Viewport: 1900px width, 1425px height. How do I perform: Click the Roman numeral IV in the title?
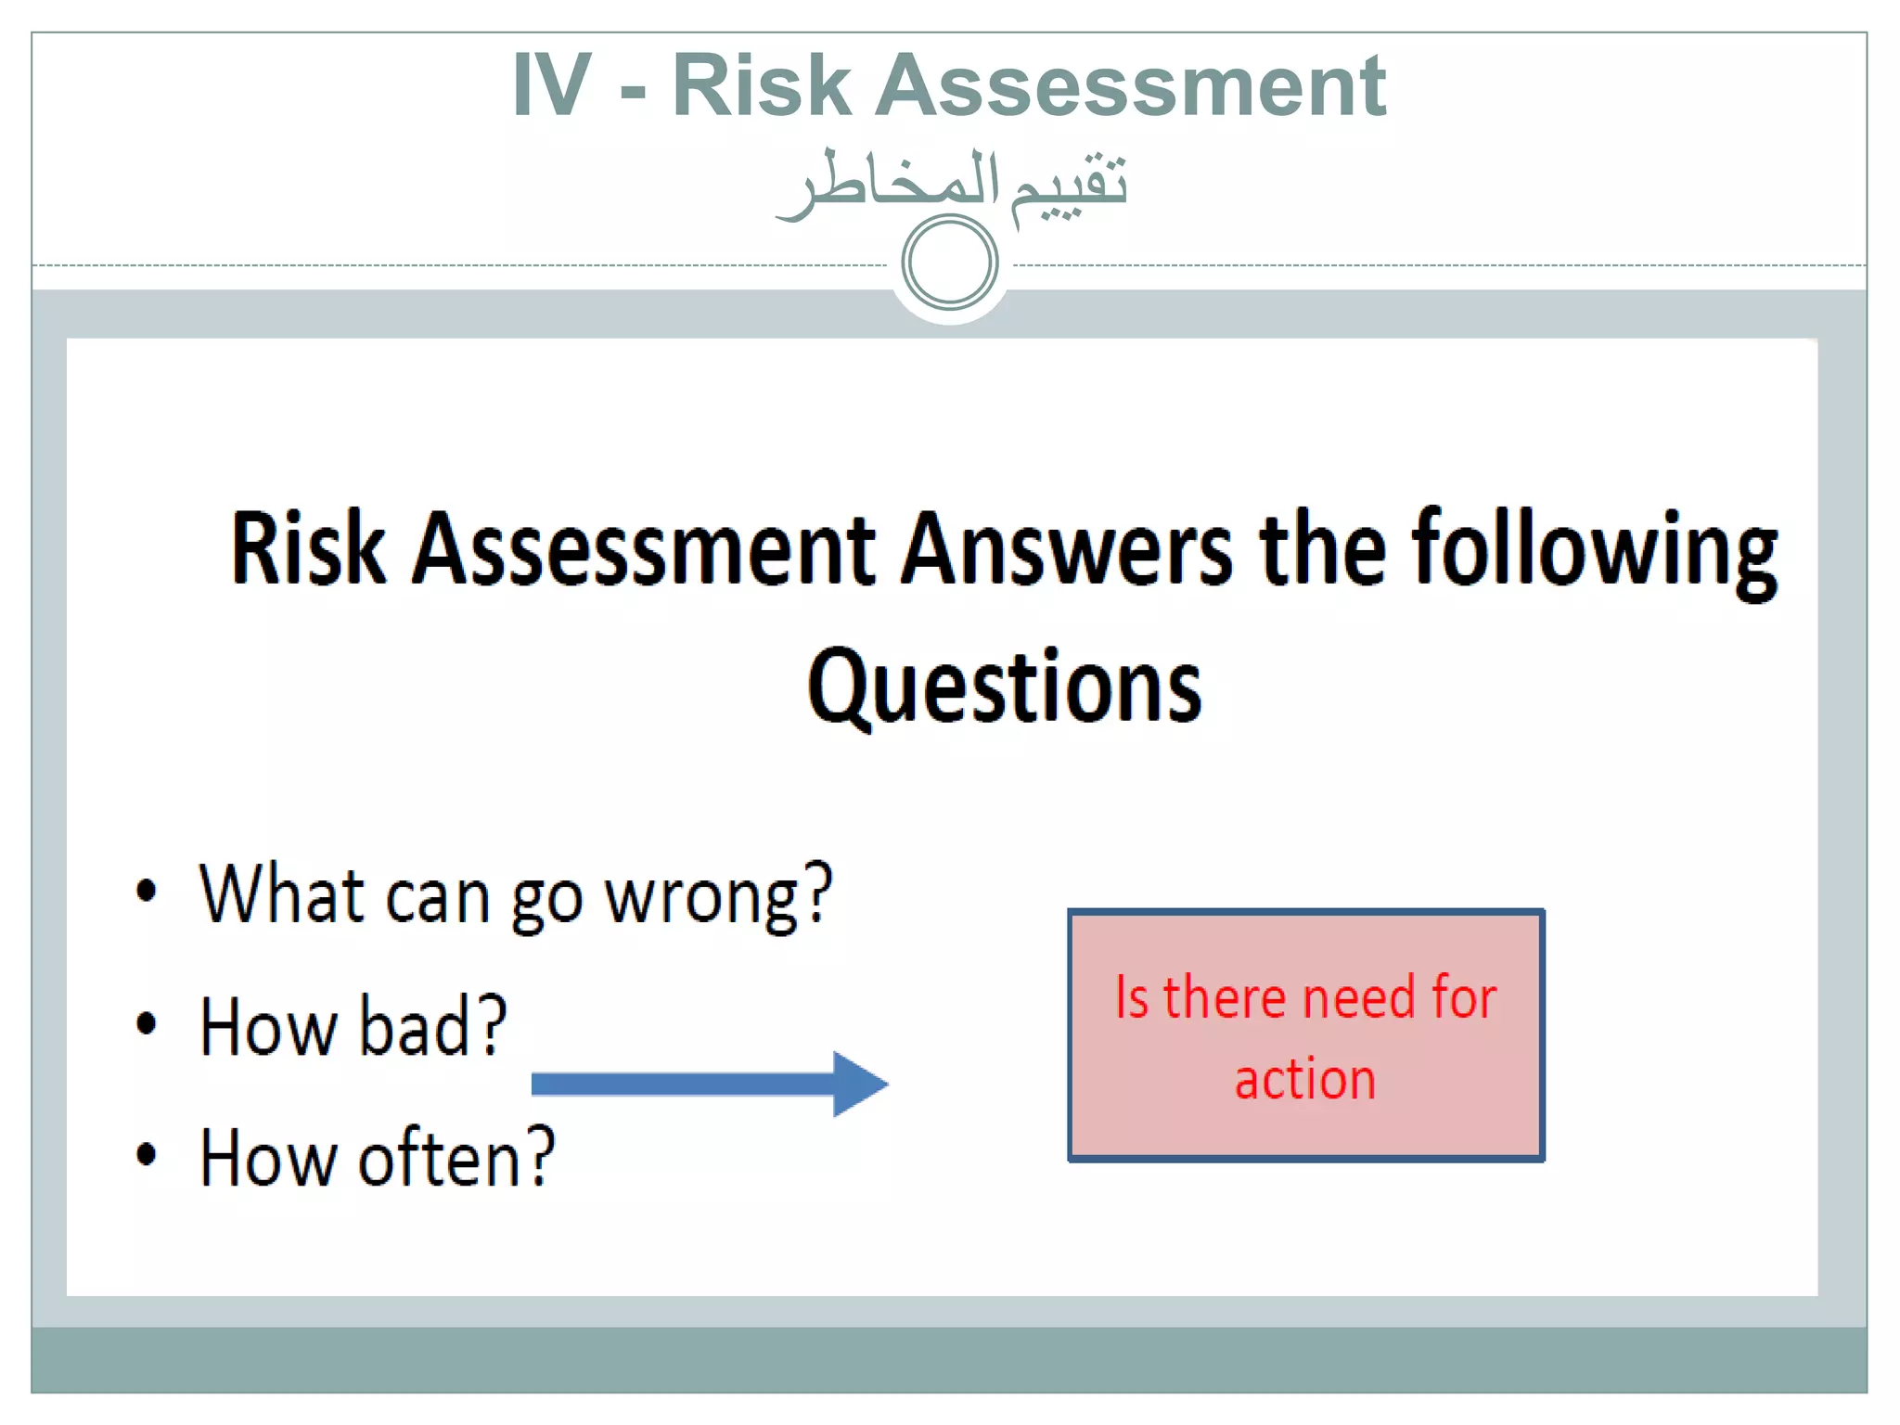(x=552, y=86)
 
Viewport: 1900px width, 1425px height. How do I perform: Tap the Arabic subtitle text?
(x=952, y=183)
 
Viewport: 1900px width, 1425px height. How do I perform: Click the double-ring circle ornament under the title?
(x=949, y=262)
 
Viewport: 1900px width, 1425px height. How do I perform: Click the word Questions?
(x=1005, y=687)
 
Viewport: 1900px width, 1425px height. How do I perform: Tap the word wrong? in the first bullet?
(x=719, y=895)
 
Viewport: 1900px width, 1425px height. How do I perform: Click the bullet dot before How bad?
(x=147, y=1024)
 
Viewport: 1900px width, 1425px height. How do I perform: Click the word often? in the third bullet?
(x=456, y=1158)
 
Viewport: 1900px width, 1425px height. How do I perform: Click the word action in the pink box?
(x=1304, y=1079)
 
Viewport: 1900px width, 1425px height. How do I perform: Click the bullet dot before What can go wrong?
(x=147, y=892)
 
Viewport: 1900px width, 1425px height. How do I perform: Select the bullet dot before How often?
(x=147, y=1156)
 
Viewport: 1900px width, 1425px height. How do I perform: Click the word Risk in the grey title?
(x=762, y=86)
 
